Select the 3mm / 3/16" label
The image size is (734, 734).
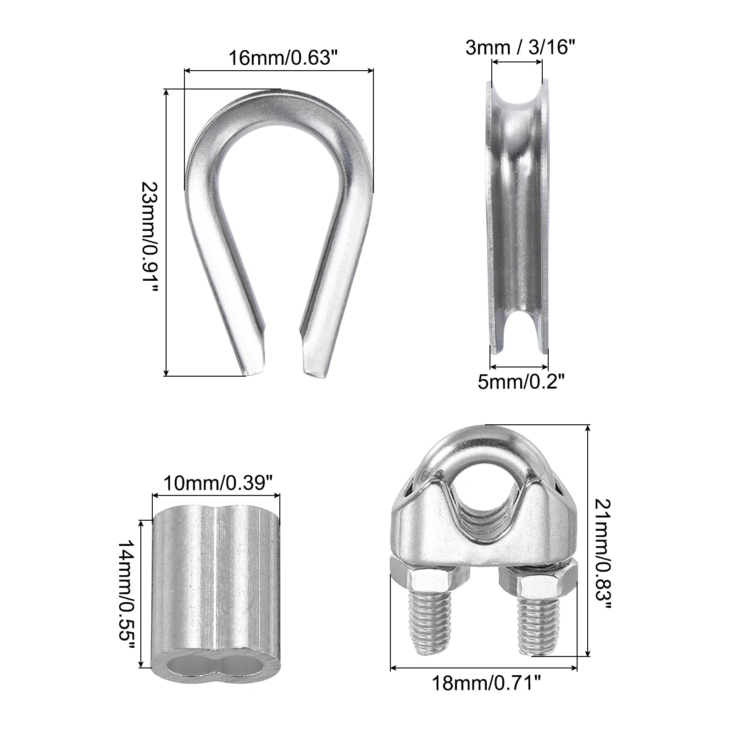coord(520,47)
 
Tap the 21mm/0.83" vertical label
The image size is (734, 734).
coord(602,554)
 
